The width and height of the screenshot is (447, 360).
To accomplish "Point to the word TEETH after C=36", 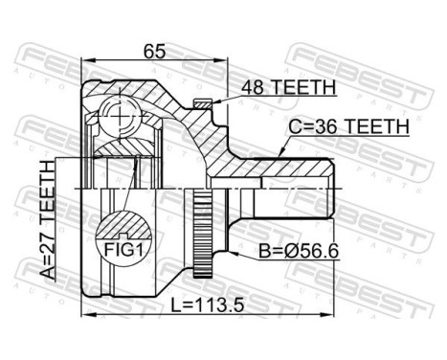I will click(381, 125).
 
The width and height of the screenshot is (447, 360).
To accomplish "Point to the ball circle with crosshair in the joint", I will click(121, 117).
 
